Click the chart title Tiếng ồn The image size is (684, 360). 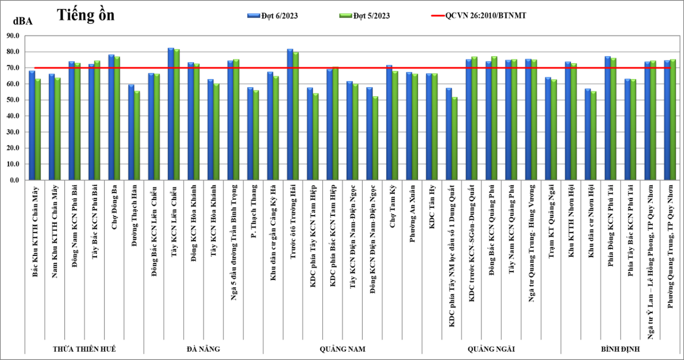(x=86, y=15)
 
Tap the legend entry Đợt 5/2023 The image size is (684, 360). (x=371, y=16)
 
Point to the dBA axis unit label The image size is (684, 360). (x=23, y=22)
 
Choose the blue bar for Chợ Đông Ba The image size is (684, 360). (x=111, y=117)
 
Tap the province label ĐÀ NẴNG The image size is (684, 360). (x=203, y=349)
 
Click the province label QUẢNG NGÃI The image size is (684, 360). (x=491, y=349)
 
